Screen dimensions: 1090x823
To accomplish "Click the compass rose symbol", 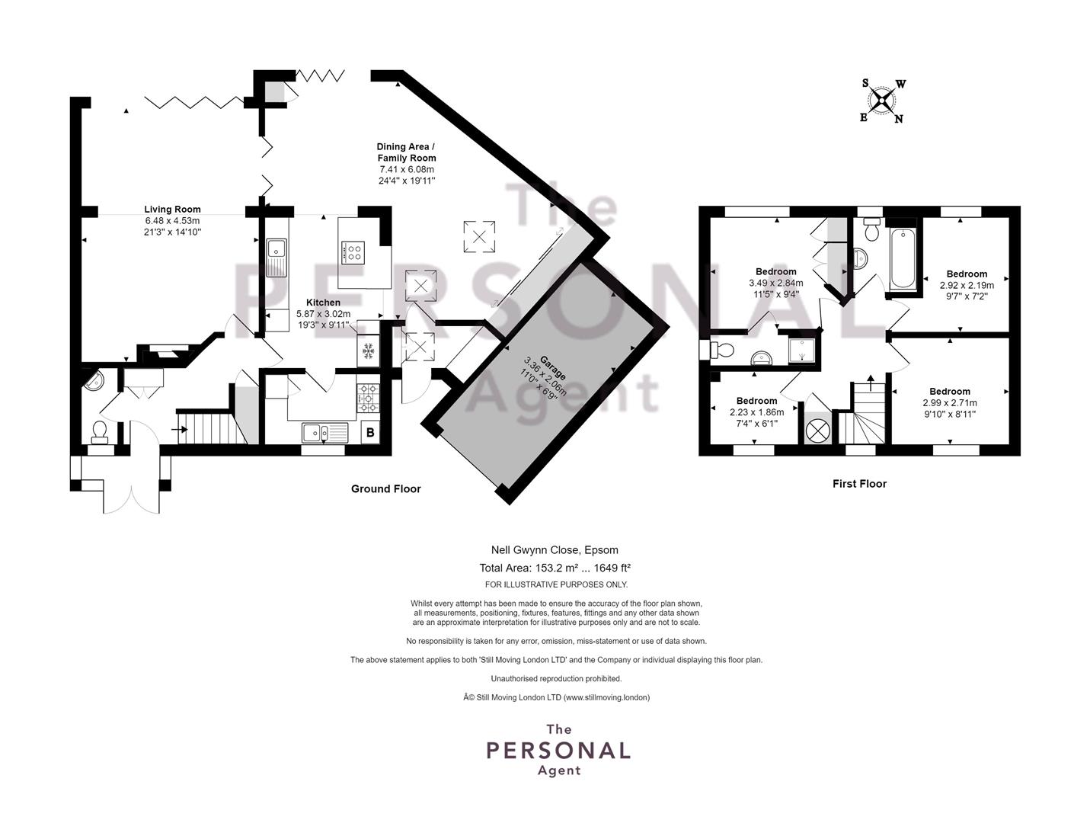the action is coord(882,101).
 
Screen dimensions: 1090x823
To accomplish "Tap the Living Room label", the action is coord(172,209).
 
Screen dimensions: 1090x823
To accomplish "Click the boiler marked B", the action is coord(370,433).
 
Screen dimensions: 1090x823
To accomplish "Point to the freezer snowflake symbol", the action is coord(368,351).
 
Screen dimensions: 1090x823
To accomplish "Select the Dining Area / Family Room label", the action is coord(406,152).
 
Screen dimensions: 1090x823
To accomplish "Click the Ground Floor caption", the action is coord(386,488).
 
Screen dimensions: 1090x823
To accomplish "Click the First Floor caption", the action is coord(860,484).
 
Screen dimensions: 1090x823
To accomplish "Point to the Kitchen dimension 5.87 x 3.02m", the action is coord(323,314).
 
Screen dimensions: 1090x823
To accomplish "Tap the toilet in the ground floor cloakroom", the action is coord(99,432).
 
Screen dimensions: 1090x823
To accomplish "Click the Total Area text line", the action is coord(555,568).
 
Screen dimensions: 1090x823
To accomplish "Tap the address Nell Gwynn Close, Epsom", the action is coord(555,550).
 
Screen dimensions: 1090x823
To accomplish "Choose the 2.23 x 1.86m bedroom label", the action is coord(757,411).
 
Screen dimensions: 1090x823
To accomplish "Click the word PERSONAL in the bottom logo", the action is coord(558,751).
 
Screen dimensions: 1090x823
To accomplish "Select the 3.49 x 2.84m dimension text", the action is coord(776,283).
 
